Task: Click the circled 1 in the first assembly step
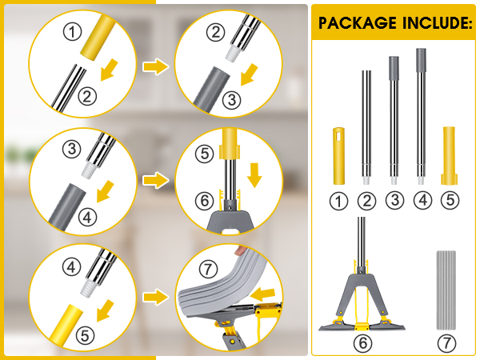tap(73, 33)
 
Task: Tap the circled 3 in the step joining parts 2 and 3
tap(230, 99)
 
